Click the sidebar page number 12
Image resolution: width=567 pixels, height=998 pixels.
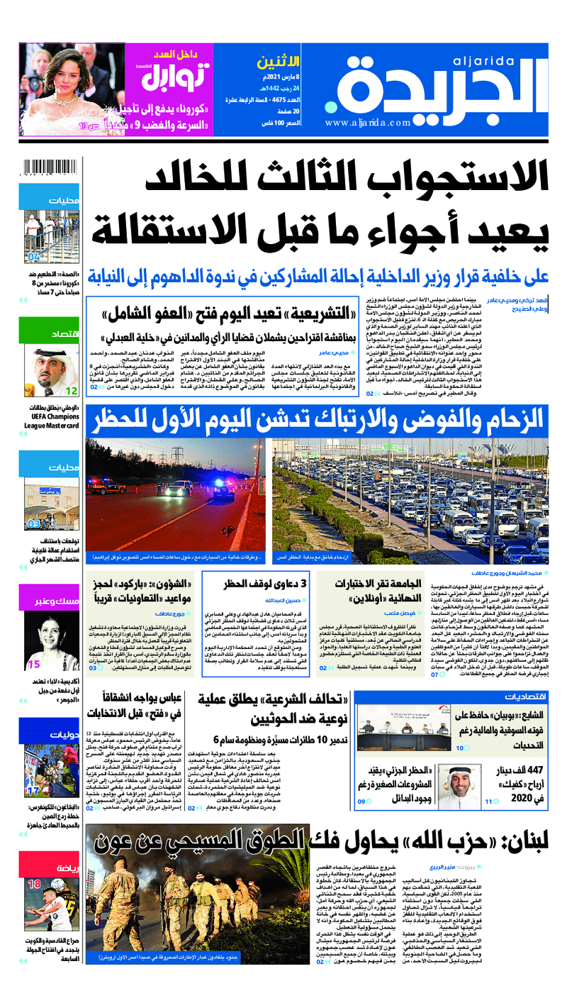[72, 391]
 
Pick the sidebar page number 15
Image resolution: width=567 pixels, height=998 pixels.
[33, 665]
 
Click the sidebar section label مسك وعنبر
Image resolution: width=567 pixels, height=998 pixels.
[56, 601]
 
